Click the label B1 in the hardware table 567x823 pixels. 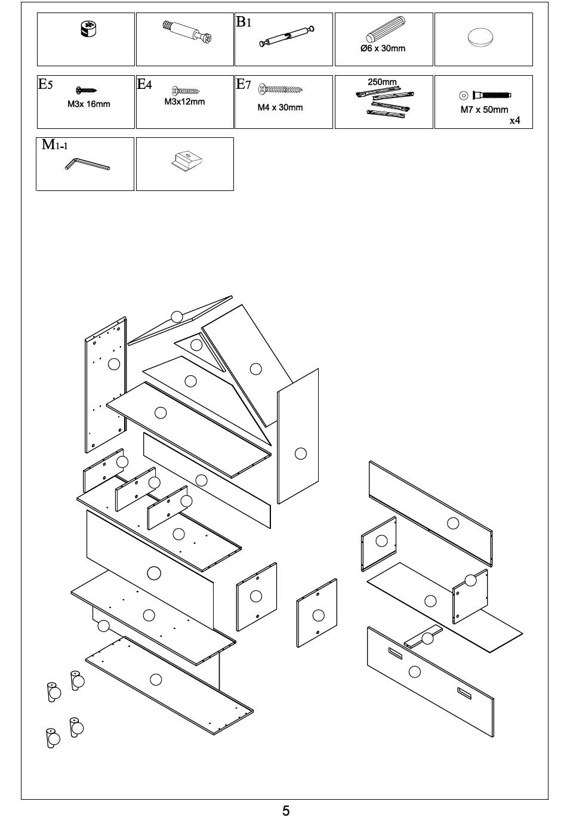(244, 22)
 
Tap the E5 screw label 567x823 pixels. (45, 84)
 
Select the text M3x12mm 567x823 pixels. (184, 102)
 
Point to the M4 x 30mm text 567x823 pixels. (280, 107)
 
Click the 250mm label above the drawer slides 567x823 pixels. (382, 82)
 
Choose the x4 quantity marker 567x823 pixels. (514, 121)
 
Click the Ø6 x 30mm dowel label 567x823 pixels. (383, 48)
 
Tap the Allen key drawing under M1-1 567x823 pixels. (87, 164)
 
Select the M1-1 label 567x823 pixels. (54, 145)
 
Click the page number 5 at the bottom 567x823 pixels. (286, 810)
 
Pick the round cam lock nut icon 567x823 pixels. (88, 29)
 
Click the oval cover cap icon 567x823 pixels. (480, 37)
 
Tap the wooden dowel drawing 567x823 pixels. (386, 29)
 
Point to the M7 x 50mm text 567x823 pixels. (484, 110)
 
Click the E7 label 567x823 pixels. (244, 84)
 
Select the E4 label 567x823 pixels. (144, 84)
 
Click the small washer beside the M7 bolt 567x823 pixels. (464, 95)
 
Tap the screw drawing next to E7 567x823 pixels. (281, 88)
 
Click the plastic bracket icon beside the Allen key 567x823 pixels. (187, 161)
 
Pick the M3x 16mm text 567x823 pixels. (88, 104)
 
